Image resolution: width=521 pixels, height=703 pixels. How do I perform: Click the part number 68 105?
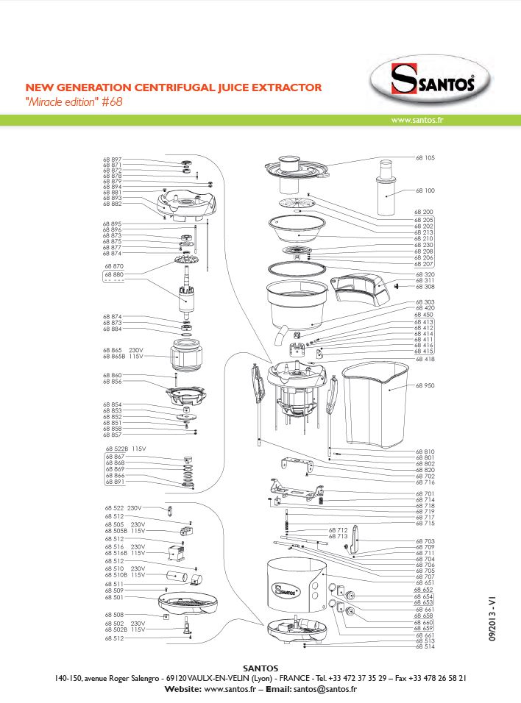click(425, 158)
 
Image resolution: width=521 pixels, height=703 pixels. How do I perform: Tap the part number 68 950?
click(425, 386)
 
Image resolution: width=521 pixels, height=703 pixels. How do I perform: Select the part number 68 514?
click(425, 646)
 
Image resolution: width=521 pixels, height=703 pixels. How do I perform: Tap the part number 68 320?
click(425, 274)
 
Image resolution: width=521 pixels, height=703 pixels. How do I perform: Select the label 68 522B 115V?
click(126, 448)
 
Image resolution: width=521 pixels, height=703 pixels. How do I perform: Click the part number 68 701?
click(425, 493)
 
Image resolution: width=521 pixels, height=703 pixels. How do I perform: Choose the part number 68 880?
click(114, 274)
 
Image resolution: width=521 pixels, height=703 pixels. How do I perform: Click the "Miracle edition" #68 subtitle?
click(73, 102)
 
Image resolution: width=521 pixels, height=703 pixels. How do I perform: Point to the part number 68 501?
click(114, 597)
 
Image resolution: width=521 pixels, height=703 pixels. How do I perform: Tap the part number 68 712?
click(338, 530)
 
